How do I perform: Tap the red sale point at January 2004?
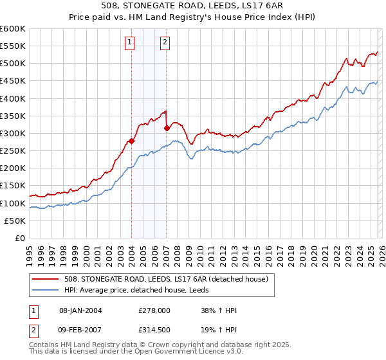pos(131,141)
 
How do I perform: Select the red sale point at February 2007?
pos(167,128)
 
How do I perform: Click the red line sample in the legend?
pos(46,278)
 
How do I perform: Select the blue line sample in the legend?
pos(46,290)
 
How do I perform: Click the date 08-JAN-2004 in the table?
pos(80,310)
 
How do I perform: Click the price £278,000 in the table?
pos(154,310)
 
